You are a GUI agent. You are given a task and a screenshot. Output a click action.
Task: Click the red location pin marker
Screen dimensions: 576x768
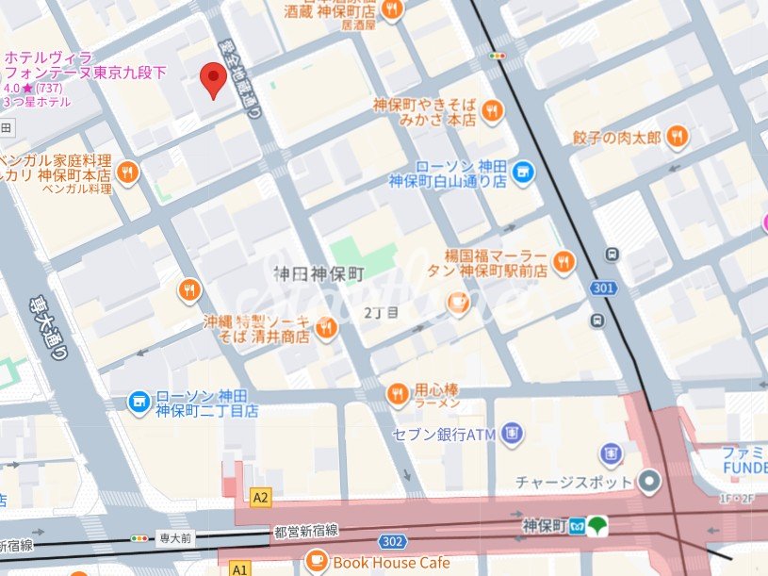tap(215, 79)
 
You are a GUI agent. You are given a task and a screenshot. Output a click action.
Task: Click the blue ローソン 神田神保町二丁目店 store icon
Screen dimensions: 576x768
tap(139, 403)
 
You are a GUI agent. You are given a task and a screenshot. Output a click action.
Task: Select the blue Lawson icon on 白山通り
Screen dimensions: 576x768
tap(524, 171)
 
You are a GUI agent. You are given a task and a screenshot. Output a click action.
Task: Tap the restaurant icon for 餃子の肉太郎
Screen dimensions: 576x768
tap(677, 139)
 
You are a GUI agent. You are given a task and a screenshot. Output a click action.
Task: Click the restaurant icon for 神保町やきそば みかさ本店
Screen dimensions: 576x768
tap(491, 112)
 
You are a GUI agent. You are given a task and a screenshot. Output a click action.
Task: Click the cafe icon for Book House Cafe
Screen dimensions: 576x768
tap(317, 563)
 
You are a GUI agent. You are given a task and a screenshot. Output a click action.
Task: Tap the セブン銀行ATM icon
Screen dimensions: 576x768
tap(511, 434)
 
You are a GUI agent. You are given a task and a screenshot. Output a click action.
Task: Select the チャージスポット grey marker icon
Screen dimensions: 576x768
tap(649, 482)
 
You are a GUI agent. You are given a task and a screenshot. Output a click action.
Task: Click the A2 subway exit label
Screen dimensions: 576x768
tap(261, 497)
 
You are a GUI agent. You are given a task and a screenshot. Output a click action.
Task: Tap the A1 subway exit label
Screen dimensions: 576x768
tap(239, 569)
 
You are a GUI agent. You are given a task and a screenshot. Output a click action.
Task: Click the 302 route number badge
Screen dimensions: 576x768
tap(394, 542)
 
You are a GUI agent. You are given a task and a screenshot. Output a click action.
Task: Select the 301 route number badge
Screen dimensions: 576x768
tap(603, 288)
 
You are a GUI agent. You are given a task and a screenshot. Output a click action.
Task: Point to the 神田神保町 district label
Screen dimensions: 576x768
tap(319, 274)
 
